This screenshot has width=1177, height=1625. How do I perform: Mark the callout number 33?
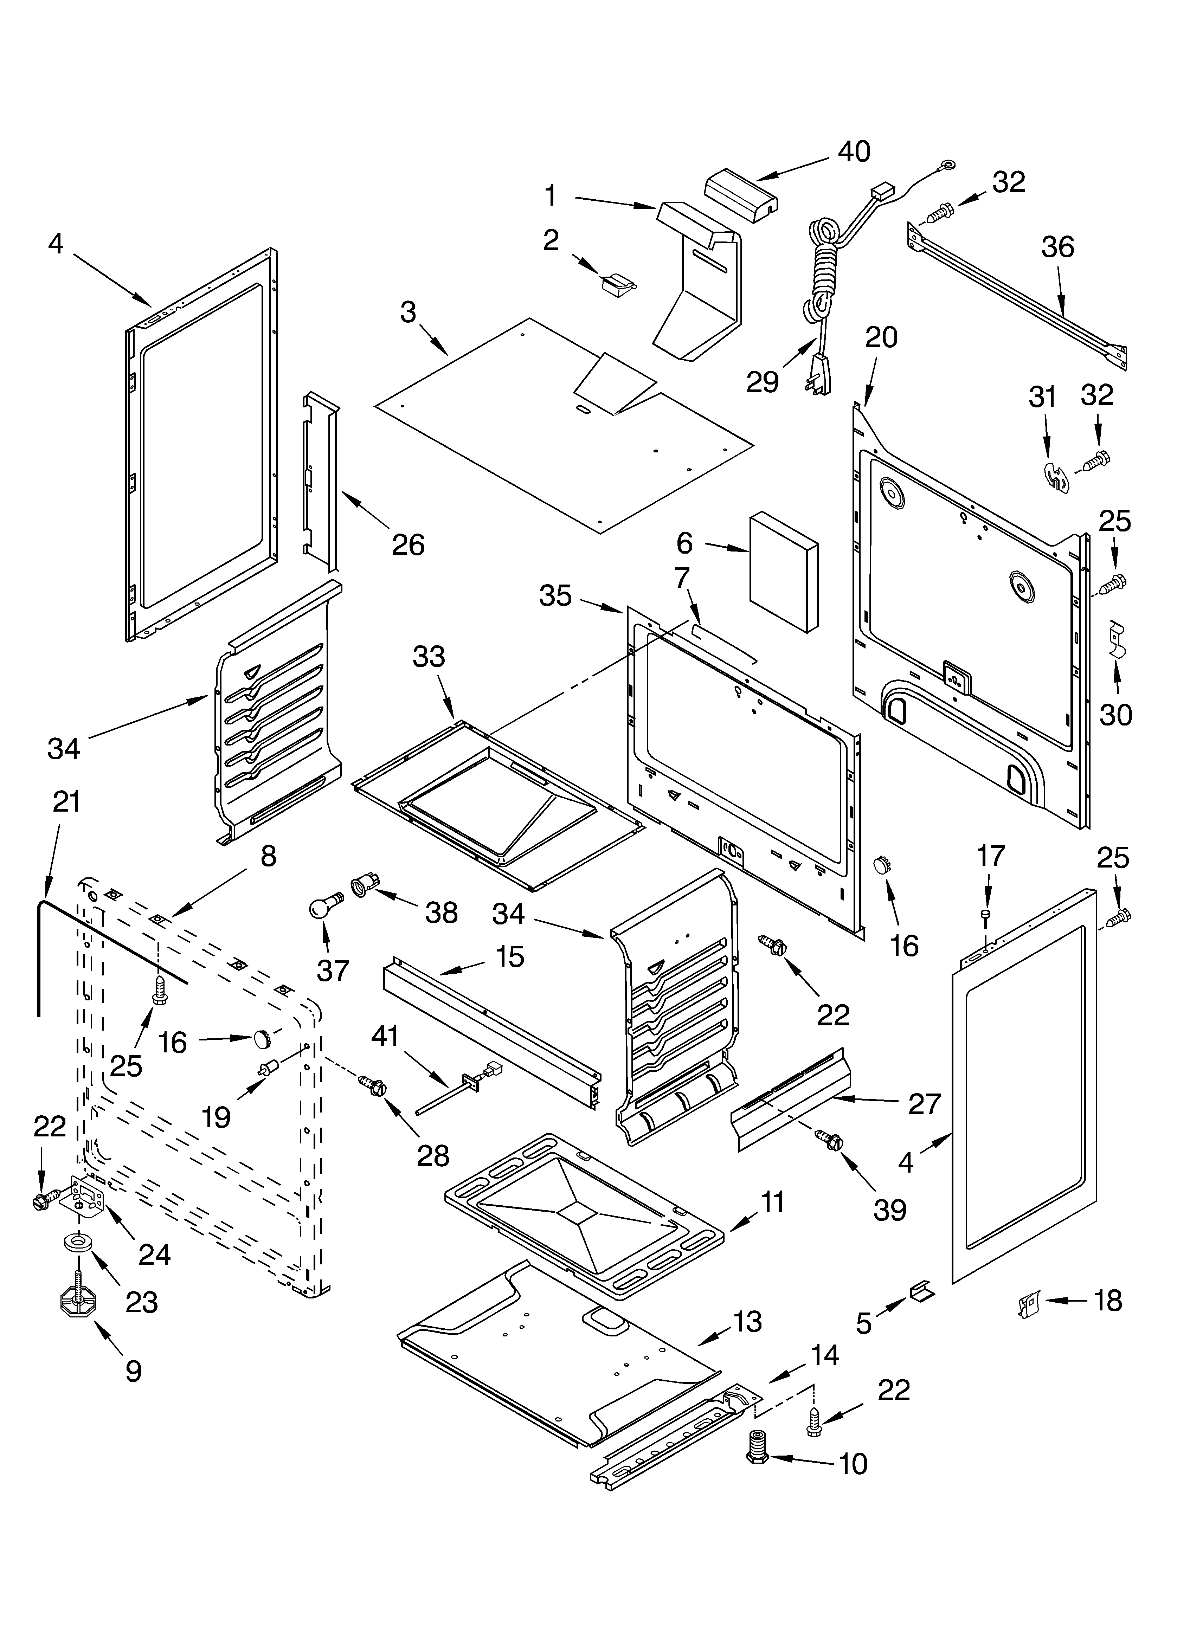pos(429,656)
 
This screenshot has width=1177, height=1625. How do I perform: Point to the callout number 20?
pos(881,337)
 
